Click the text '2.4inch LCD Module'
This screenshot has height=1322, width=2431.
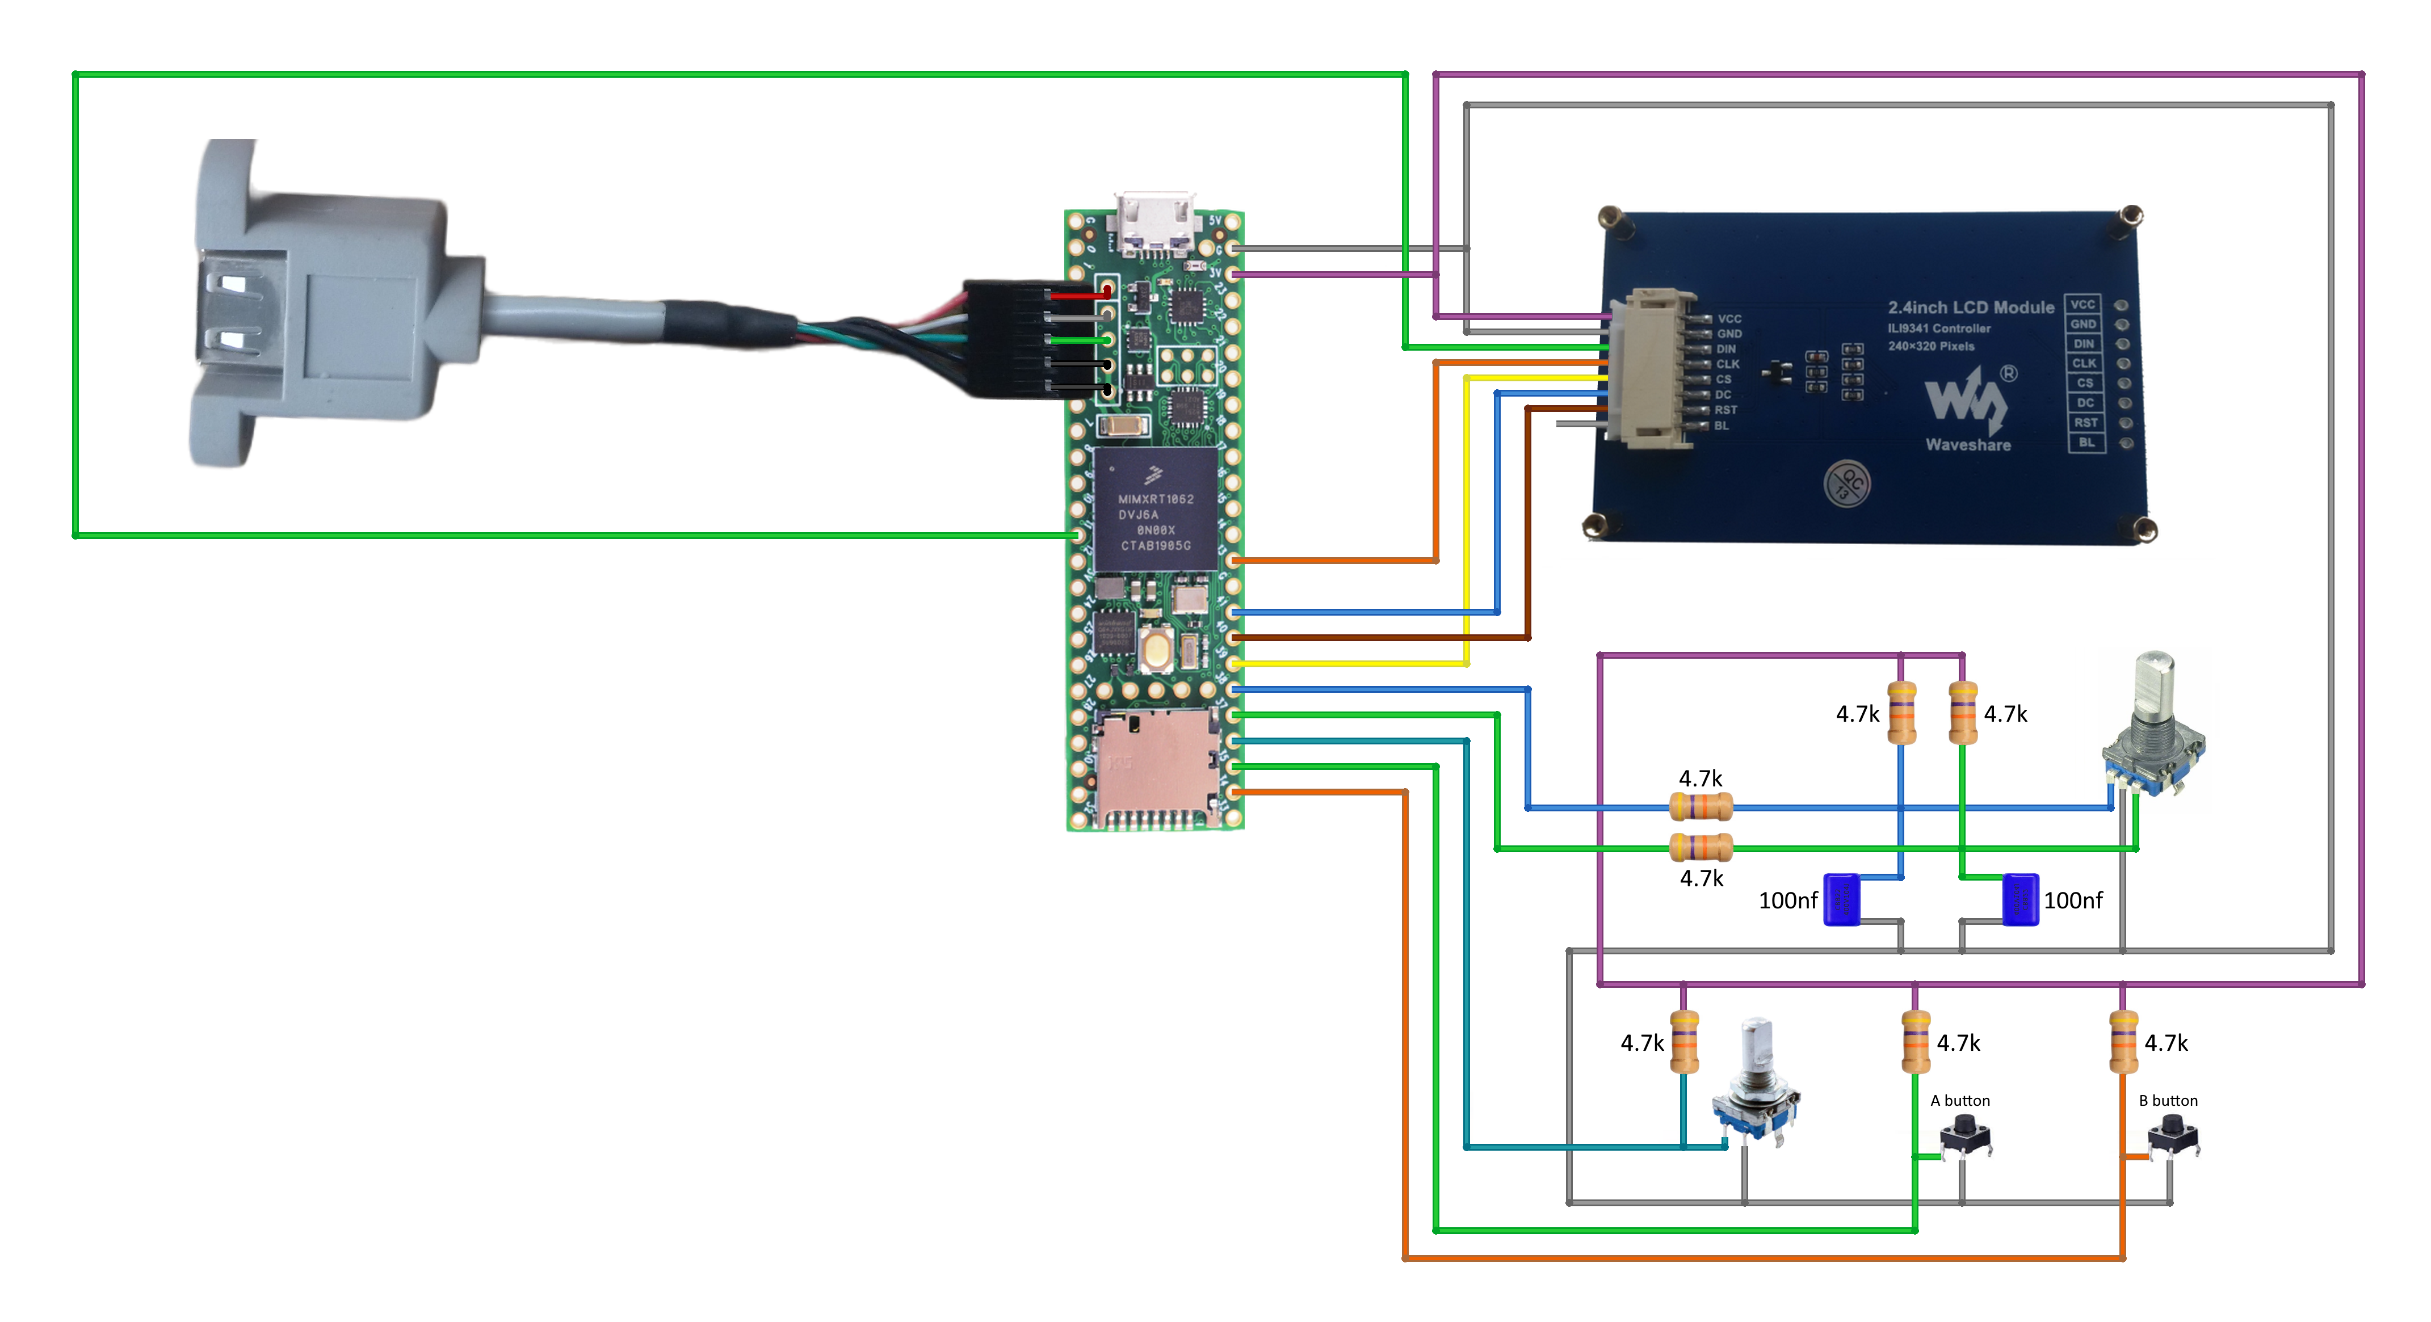click(1971, 308)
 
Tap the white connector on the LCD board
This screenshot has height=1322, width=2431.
click(1652, 368)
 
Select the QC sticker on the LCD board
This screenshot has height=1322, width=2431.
click(1847, 484)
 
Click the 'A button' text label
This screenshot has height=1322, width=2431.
click(1959, 1100)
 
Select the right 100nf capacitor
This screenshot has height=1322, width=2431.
click(2019, 899)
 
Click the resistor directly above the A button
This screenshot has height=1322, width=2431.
click(1915, 1042)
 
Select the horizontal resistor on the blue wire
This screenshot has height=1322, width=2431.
click(1701, 807)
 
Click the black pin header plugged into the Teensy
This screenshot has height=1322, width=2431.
click(1019, 338)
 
